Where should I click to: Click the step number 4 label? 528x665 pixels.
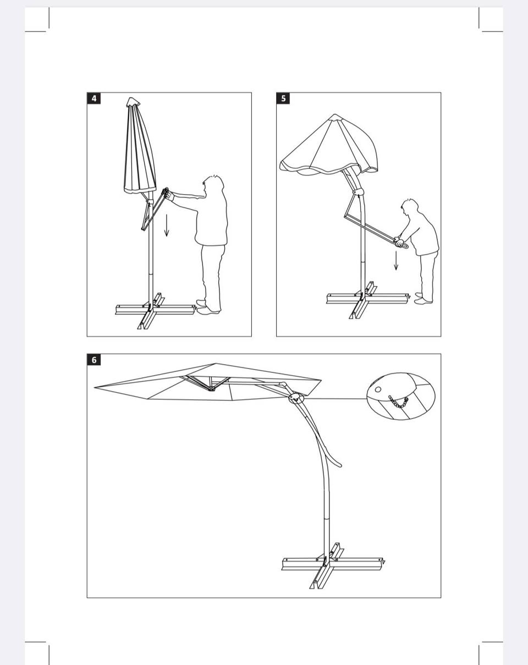94,98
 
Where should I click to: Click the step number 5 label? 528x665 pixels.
283,98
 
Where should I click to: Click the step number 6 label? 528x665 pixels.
94,360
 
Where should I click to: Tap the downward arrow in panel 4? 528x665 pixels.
167,226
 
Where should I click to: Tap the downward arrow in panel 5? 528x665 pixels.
396,261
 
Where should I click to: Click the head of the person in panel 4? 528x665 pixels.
213,185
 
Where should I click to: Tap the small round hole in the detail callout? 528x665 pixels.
378,389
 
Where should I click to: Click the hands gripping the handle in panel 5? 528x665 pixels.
399,241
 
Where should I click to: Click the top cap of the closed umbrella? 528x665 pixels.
133,101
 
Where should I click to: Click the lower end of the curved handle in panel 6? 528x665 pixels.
339,465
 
